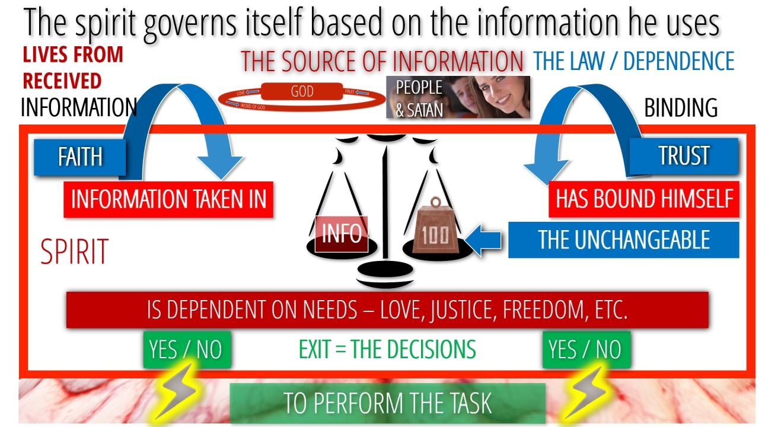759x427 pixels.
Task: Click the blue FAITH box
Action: [79, 157]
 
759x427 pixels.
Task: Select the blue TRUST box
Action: [684, 155]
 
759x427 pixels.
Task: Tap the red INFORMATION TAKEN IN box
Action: [168, 199]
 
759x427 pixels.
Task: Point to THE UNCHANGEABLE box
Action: [623, 240]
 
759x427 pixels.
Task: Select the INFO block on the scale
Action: [342, 234]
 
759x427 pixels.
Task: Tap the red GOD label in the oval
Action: [302, 93]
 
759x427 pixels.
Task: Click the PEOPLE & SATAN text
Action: [419, 98]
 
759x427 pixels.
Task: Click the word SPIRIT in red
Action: [74, 251]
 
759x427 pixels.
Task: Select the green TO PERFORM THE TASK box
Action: [387, 403]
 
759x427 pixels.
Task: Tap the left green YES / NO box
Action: [186, 349]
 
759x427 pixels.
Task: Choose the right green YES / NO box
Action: [586, 349]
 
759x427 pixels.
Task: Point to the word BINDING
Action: [680, 108]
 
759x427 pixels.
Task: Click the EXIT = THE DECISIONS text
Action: [387, 349]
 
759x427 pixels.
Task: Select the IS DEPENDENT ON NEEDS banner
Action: [387, 310]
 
